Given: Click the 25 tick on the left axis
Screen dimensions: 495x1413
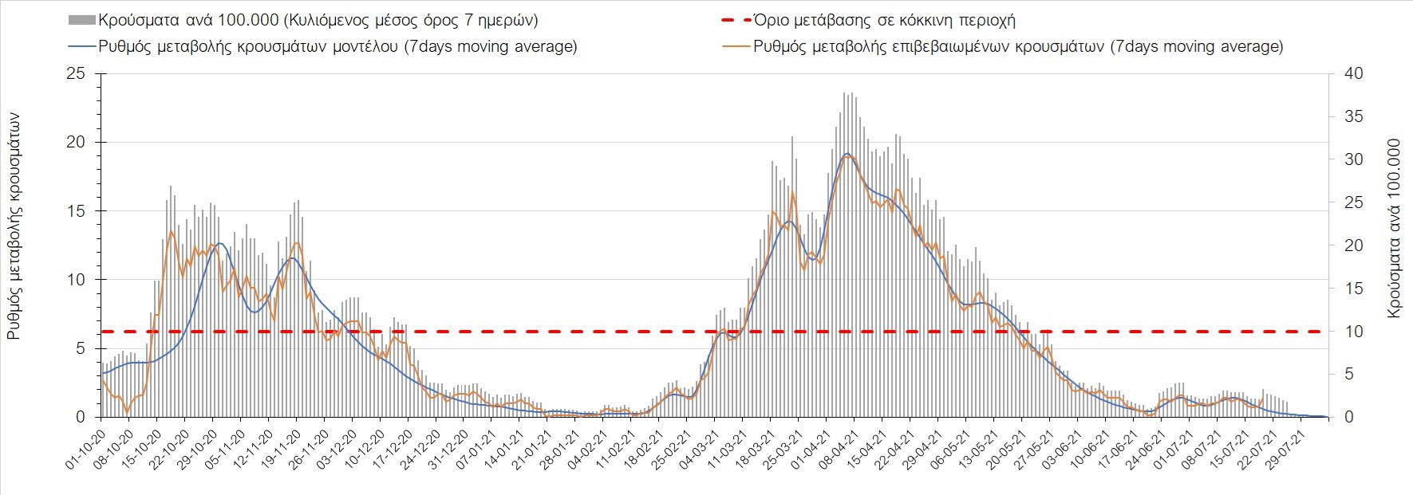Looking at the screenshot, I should point(76,73).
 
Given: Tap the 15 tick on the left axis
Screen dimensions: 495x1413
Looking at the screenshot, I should point(76,211).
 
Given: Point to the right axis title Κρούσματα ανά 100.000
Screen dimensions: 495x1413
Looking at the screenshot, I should point(1394,229).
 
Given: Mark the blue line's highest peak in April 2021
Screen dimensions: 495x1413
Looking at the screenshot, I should point(847,153).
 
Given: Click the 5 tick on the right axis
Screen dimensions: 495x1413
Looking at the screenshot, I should point(1349,374).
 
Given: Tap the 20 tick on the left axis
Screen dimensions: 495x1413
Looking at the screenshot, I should point(76,142).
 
